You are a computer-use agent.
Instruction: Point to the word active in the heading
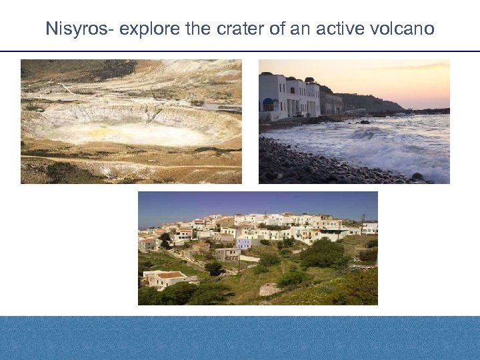pyautogui.click(x=339, y=29)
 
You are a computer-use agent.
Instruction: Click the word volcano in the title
pyautogui.click(x=402, y=29)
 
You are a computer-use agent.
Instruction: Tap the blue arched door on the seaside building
pyautogui.click(x=268, y=105)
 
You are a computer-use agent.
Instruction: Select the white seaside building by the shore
pyautogui.click(x=289, y=97)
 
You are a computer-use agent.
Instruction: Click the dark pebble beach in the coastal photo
pyautogui.click(x=300, y=167)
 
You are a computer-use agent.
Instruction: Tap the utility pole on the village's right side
pyautogui.click(x=363, y=222)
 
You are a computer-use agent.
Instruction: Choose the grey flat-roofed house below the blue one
pyautogui.click(x=227, y=255)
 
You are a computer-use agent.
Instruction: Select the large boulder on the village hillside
pyautogui.click(x=270, y=290)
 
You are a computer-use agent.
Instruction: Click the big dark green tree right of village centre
pyautogui.click(x=323, y=253)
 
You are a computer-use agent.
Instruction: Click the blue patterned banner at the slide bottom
pyautogui.click(x=240, y=338)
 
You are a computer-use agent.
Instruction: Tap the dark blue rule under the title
pyautogui.click(x=240, y=51)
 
